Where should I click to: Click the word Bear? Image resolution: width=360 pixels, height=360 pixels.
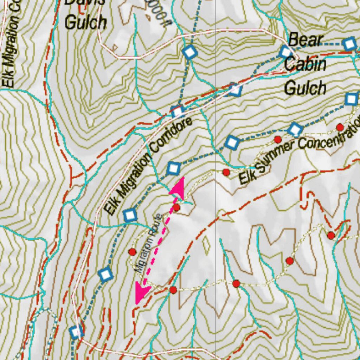coord(305,40)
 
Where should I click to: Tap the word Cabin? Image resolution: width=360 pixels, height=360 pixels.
coord(305,64)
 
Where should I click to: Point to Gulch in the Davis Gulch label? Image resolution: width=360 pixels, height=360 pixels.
coord(85,22)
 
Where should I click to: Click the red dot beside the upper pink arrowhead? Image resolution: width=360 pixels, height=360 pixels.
coord(177,208)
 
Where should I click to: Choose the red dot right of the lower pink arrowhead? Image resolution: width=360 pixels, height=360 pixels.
coord(173,290)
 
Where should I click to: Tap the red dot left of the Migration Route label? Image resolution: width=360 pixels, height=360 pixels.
coord(132,252)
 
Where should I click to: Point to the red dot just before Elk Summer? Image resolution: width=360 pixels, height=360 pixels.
coord(226,172)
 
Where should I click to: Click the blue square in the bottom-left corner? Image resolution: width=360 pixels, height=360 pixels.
coord(76,332)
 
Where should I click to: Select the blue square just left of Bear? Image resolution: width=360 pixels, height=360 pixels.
coord(285,52)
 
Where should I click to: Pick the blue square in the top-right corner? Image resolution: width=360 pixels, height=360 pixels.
coord(349,44)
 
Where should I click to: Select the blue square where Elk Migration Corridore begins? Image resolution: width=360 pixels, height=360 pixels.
coord(130,215)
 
